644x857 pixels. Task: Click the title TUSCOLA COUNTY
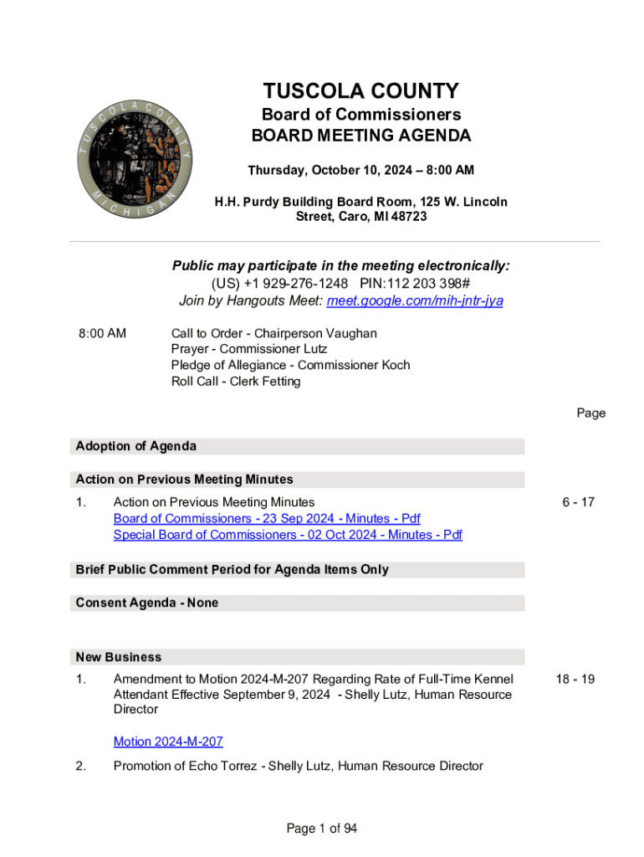pyautogui.click(x=361, y=91)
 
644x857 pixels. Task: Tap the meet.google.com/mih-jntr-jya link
pyautogui.click(x=415, y=300)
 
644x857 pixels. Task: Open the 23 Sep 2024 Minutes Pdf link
pyautogui.click(x=267, y=519)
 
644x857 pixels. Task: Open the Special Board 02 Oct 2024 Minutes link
pyautogui.click(x=288, y=535)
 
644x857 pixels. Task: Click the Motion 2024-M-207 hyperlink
pyautogui.click(x=168, y=742)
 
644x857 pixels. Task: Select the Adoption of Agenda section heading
pyautogui.click(x=136, y=446)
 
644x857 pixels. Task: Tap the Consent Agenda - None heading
pyautogui.click(x=147, y=603)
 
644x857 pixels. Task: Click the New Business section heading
pyautogui.click(x=119, y=657)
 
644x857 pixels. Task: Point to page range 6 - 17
pyautogui.click(x=578, y=502)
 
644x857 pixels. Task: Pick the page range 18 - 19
pyautogui.click(x=575, y=679)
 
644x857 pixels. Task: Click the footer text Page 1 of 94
pyautogui.click(x=322, y=829)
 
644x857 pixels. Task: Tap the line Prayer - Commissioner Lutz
pyautogui.click(x=249, y=349)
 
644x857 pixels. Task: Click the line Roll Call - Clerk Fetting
pyautogui.click(x=236, y=382)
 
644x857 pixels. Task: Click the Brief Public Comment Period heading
pyautogui.click(x=233, y=569)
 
